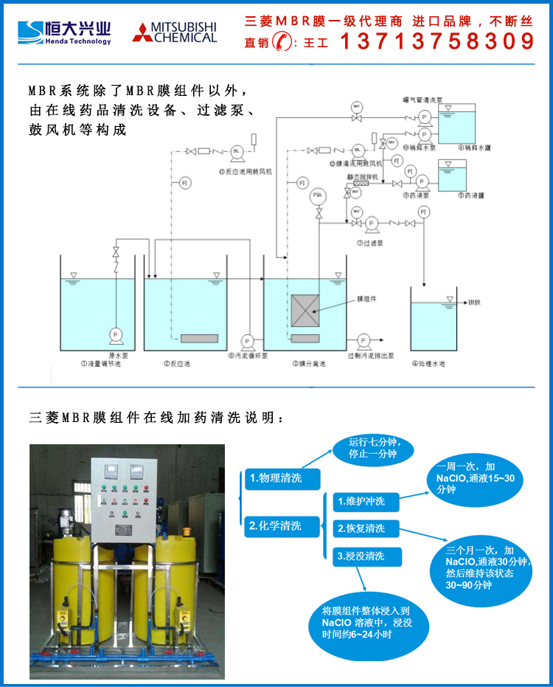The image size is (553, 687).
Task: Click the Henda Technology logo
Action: (65, 32)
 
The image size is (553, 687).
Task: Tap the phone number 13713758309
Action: (437, 41)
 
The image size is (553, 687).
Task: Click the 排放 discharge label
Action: (475, 303)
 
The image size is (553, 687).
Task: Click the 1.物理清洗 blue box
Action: (283, 477)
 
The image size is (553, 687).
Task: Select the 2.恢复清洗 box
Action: (366, 528)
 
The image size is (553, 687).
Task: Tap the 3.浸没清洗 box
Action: (366, 556)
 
